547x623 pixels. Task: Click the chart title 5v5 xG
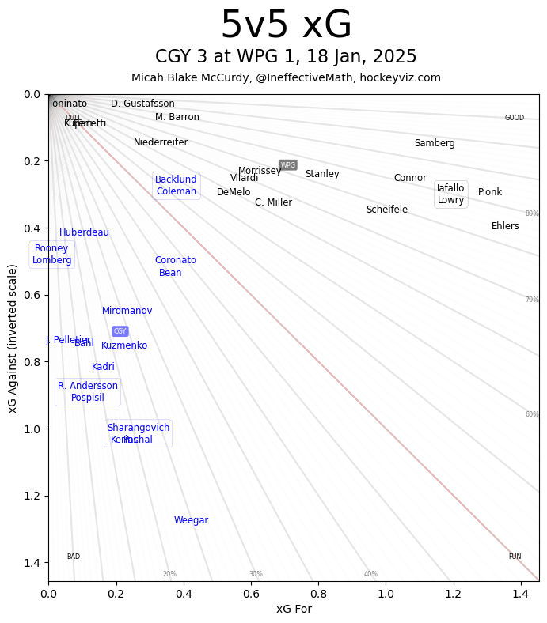click(286, 25)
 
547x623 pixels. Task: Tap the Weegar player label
click(191, 520)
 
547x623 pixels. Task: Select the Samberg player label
click(435, 143)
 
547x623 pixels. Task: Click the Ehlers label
click(505, 226)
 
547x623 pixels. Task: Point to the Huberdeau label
click(84, 232)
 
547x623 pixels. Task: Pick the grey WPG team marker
click(288, 165)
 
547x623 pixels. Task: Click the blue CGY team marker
click(120, 331)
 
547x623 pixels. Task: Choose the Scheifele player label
click(386, 210)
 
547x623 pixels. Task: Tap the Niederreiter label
click(161, 142)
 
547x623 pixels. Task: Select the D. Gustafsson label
click(142, 104)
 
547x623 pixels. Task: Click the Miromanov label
click(127, 311)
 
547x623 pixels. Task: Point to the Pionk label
click(490, 192)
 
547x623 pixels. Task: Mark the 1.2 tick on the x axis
click(454, 592)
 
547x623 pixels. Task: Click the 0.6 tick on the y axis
click(32, 295)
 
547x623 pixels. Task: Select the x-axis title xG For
click(294, 609)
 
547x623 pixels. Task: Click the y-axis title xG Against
click(13, 338)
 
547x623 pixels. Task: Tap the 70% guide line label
click(532, 300)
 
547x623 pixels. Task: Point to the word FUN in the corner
click(515, 557)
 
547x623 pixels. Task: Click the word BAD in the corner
click(73, 557)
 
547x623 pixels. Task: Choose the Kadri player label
click(103, 367)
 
